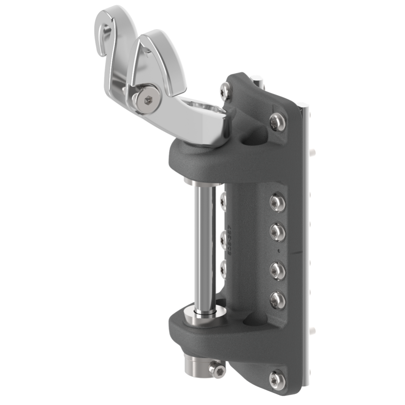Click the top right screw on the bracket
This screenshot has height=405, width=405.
(276, 121)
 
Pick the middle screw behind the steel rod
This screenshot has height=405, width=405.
(222, 238)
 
